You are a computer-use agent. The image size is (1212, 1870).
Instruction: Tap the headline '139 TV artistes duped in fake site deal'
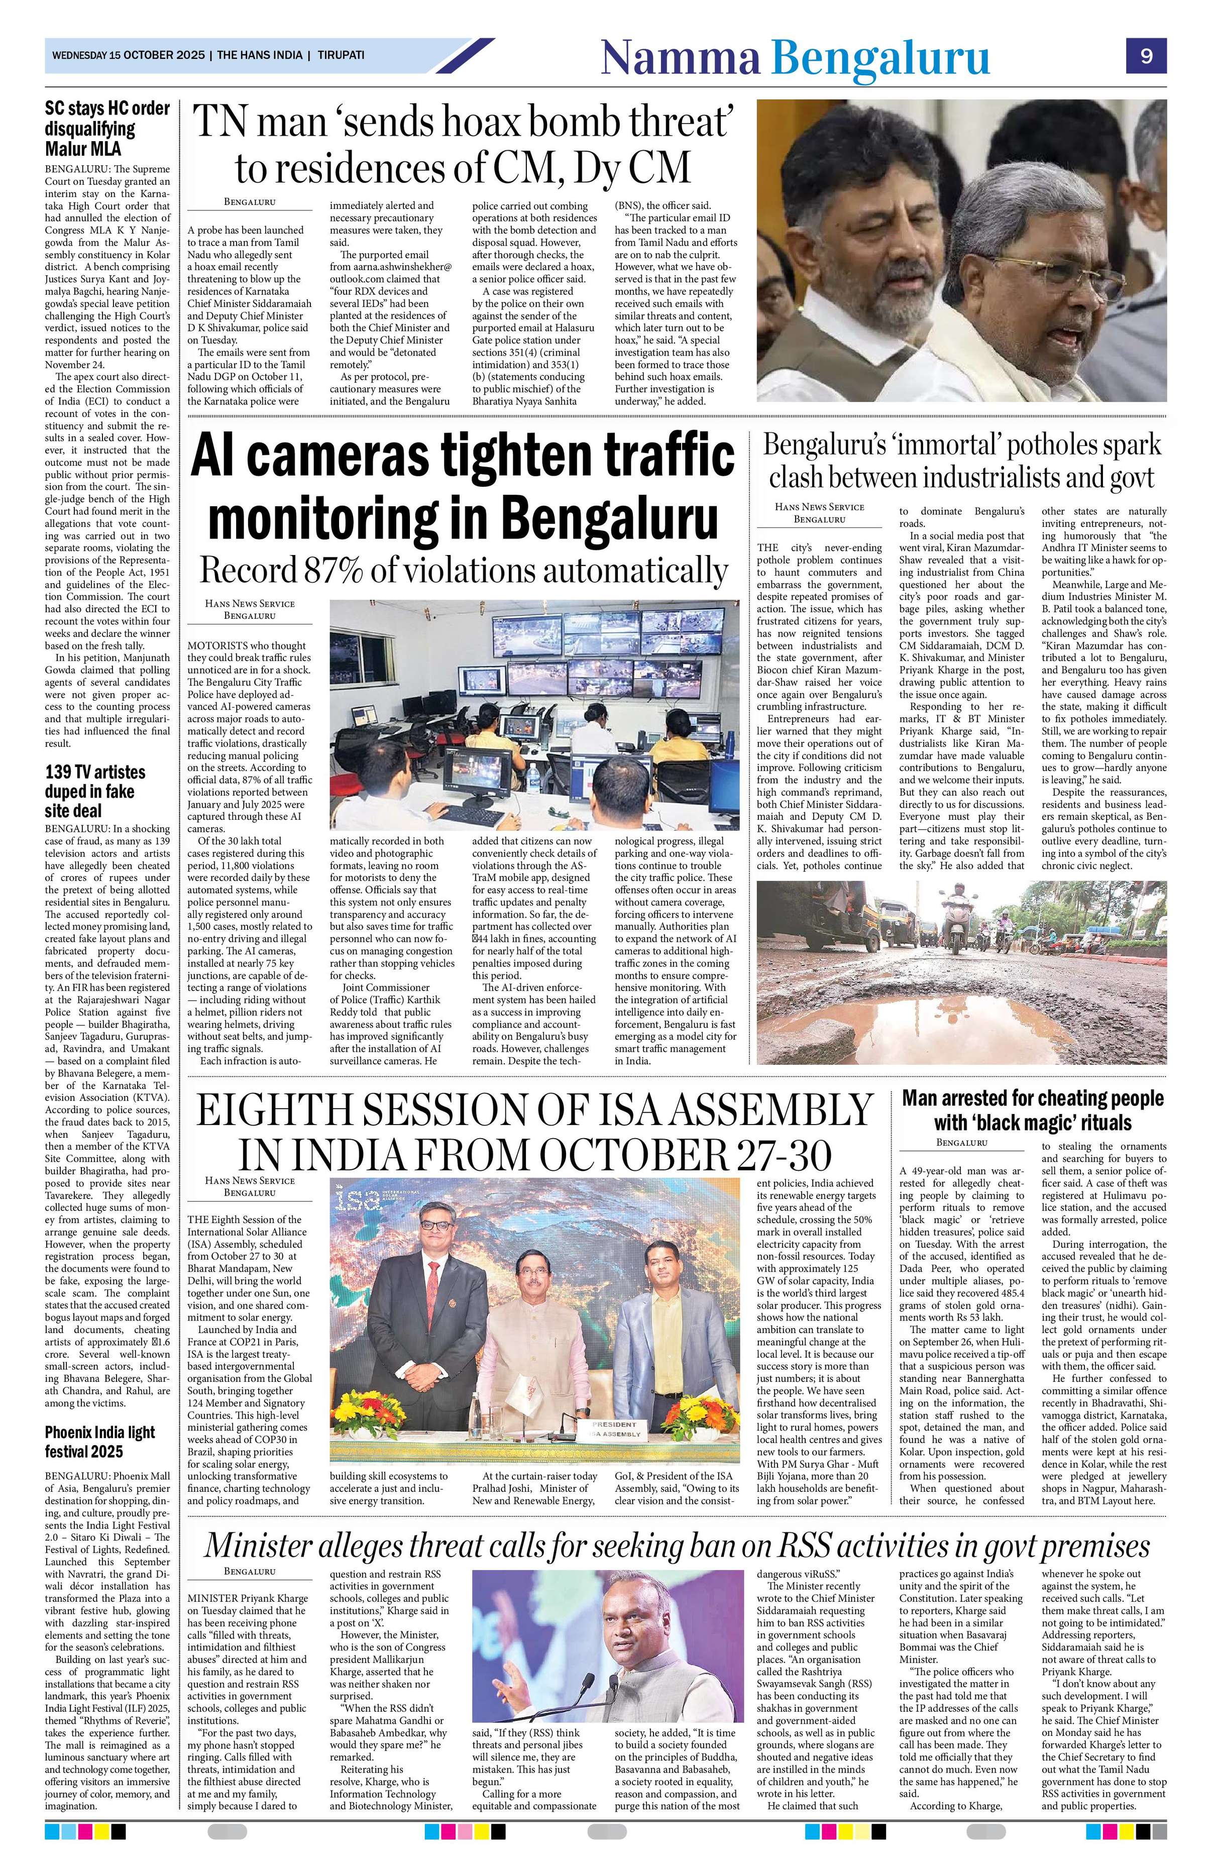click(95, 791)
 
